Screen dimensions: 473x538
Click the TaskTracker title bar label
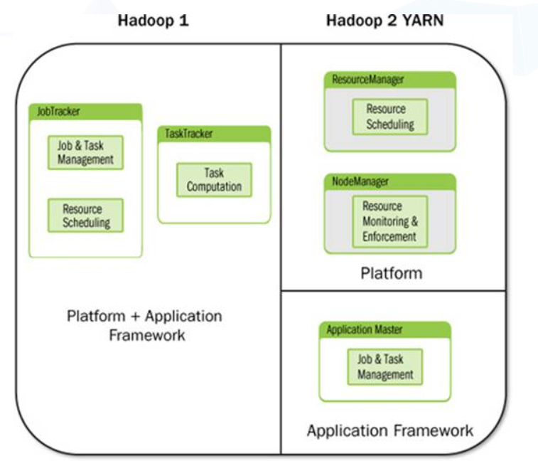189,134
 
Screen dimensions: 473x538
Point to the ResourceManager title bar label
368,80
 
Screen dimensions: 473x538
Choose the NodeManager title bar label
361,181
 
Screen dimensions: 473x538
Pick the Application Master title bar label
365,329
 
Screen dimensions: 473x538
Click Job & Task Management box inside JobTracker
85,152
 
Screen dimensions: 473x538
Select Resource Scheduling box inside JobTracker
85,216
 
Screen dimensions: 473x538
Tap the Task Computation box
214,180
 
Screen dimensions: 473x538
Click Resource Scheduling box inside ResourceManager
390,117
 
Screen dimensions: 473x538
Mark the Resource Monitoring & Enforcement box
390,221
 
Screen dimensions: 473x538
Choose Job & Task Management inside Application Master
384,366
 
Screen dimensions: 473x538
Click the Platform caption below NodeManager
391,272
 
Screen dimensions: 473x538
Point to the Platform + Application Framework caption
145,324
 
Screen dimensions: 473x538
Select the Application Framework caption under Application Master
390,430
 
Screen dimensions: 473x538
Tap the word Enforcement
390,236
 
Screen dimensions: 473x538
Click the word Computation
214,187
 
